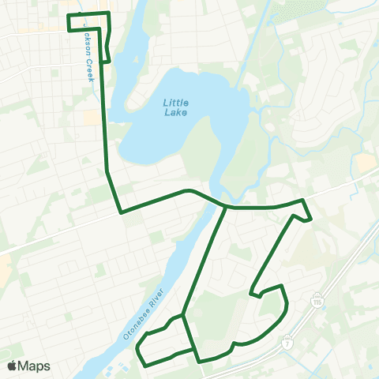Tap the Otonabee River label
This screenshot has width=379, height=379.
click(143, 312)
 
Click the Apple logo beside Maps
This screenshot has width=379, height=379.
click(12, 366)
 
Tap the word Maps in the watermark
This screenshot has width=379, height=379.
click(34, 366)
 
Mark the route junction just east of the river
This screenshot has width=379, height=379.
click(227, 208)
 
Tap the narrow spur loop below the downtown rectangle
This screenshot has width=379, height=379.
click(107, 47)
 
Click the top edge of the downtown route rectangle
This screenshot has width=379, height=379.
click(88, 15)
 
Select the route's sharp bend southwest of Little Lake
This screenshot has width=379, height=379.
click(120, 212)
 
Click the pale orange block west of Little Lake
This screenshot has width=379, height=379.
click(92, 118)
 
